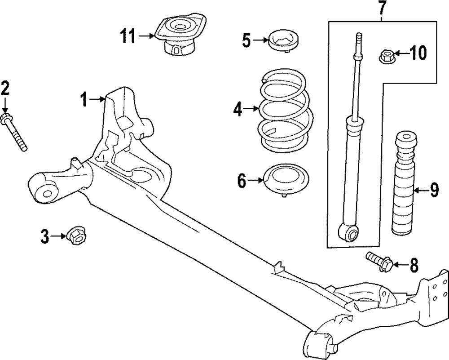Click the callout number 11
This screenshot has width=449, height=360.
click(x=128, y=36)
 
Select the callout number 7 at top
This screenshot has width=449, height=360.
click(x=382, y=8)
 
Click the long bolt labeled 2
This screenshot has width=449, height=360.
click(x=15, y=133)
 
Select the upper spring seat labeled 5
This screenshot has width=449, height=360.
click(x=283, y=41)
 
